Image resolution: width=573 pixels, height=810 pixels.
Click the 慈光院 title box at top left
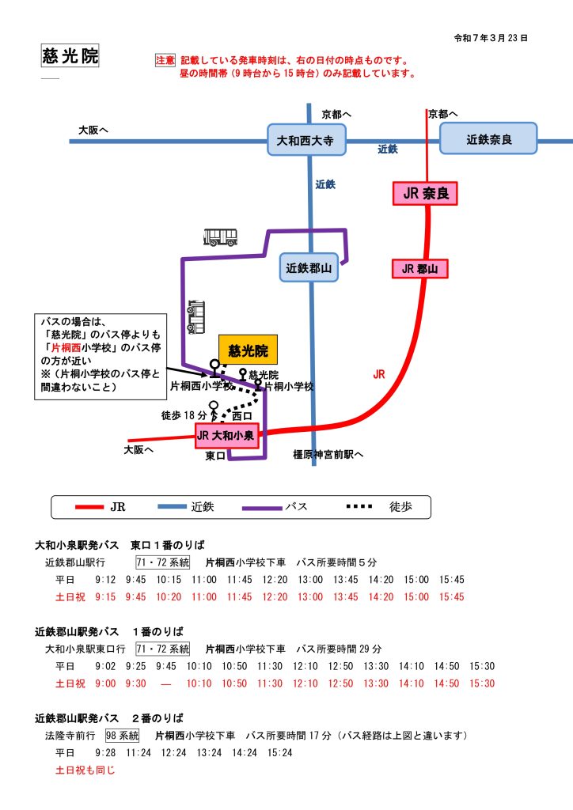pyautogui.click(x=70, y=55)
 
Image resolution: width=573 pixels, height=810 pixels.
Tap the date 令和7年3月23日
pyautogui.click(x=491, y=37)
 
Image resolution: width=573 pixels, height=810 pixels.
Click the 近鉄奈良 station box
pyautogui.click(x=489, y=139)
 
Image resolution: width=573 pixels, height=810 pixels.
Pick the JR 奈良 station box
pyautogui.click(x=425, y=194)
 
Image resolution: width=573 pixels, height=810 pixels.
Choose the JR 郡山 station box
pyautogui.click(x=419, y=269)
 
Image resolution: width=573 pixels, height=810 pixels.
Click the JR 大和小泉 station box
pyautogui.click(x=227, y=435)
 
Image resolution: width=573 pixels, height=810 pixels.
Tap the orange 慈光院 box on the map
pyautogui.click(x=249, y=349)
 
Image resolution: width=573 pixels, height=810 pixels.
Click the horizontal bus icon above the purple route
pyautogui.click(x=221, y=237)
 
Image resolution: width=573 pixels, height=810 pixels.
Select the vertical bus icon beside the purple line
pyautogui.click(x=195, y=317)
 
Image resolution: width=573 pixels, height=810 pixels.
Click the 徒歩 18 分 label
pyautogui.click(x=184, y=415)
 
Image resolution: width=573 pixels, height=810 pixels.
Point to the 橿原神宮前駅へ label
pyautogui.click(x=327, y=454)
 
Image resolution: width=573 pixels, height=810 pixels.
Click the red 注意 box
pyautogui.click(x=165, y=60)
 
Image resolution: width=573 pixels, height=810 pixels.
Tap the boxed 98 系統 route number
pyautogui.click(x=122, y=735)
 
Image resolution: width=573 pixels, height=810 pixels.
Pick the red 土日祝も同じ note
pyautogui.click(x=85, y=769)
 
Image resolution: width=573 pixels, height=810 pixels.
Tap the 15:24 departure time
pyautogui.click(x=280, y=752)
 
